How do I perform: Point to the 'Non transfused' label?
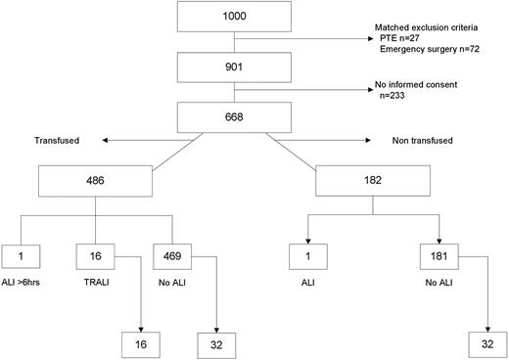tap(442, 141)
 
